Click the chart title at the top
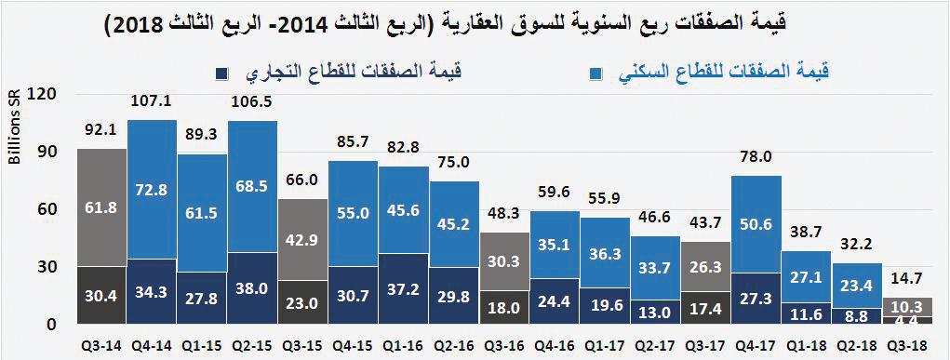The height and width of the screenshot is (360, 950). tap(475, 26)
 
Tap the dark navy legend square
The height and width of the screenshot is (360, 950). tap(221, 73)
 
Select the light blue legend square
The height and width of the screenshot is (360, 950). tap(596, 72)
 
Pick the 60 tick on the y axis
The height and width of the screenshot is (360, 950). tap(47, 209)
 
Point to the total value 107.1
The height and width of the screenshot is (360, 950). tap(153, 101)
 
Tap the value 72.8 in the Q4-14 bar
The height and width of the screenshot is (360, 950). tap(153, 189)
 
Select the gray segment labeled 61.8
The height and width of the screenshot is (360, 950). tap(101, 207)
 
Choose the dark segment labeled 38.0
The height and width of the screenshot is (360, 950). tap(252, 288)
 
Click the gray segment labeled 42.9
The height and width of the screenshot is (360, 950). tap(302, 239)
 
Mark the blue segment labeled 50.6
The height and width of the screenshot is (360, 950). tap(755, 224)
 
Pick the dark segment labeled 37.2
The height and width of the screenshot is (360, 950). tap(403, 289)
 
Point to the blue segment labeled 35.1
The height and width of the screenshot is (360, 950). tap(554, 245)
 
